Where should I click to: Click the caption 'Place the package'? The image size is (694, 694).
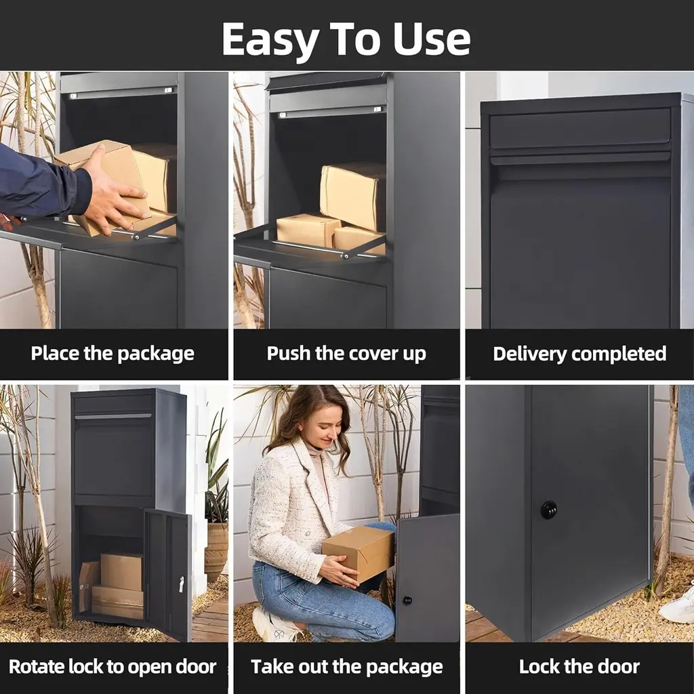[113, 354]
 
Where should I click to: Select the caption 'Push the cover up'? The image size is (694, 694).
[346, 354]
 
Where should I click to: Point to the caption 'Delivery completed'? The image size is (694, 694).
[579, 354]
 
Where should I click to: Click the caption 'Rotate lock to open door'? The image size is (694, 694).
[113, 667]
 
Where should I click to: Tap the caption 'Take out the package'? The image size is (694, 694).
[346, 667]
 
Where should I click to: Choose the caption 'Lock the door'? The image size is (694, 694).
[579, 667]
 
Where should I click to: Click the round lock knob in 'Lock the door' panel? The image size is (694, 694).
[549, 510]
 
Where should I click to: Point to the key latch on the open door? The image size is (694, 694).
[182, 584]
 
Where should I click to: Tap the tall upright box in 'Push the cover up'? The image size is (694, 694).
[352, 196]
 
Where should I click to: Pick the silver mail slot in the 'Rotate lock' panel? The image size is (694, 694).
[113, 416]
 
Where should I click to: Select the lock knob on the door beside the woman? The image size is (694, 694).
[407, 600]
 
